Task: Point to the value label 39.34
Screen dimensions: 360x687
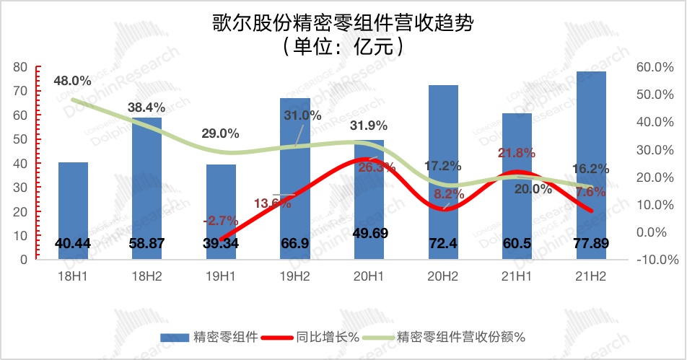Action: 221,244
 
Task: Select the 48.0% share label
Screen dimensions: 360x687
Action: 72,81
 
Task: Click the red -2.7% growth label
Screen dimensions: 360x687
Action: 219,219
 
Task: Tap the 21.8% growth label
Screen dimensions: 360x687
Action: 517,153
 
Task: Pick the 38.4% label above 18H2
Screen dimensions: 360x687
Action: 146,107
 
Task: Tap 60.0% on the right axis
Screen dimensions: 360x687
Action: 653,67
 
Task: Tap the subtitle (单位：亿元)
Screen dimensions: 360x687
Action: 342,46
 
